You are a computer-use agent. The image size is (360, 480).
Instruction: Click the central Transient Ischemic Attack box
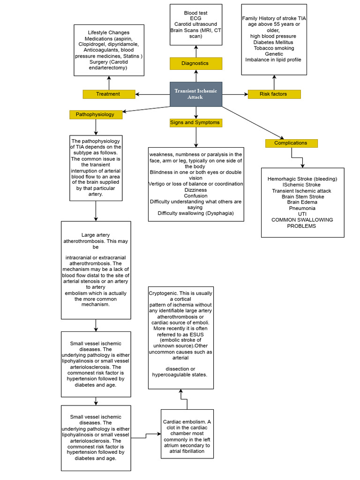tap(195, 94)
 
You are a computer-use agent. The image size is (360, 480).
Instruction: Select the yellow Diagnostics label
tap(195, 63)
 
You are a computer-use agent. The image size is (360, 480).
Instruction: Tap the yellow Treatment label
tap(108, 94)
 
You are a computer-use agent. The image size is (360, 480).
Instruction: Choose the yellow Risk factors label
tap(273, 94)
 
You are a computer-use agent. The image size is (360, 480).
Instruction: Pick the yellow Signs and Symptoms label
tap(195, 123)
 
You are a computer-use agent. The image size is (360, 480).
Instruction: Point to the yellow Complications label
tap(291, 143)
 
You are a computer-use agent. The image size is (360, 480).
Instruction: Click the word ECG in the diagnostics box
tap(196, 19)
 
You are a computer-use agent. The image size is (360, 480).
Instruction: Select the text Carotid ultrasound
tap(195, 24)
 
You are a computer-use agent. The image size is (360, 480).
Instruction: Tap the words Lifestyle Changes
tap(109, 32)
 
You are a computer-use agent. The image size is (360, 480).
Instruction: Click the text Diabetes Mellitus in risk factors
tap(274, 42)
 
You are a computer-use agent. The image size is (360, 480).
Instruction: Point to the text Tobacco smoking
tap(274, 48)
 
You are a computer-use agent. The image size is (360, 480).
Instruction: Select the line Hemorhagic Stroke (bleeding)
tap(302, 179)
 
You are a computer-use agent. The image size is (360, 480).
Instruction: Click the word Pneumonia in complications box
tap(302, 208)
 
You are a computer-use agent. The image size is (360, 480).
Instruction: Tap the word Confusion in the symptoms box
tap(195, 196)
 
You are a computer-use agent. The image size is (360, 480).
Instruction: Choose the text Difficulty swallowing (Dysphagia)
tap(195, 213)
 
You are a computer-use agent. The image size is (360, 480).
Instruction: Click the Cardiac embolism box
tap(187, 434)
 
